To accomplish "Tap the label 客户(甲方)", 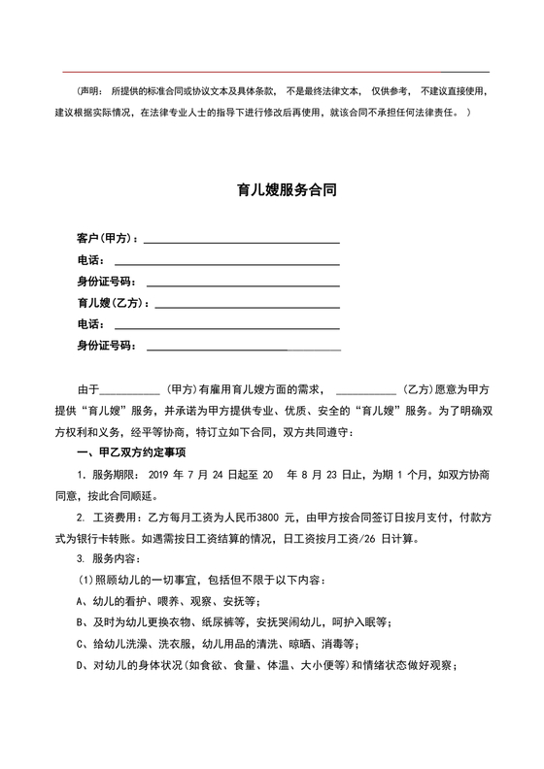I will [x=107, y=239].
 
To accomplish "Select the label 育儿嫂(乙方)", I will [x=112, y=303].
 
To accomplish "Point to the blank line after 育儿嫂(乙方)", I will [x=247, y=305].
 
